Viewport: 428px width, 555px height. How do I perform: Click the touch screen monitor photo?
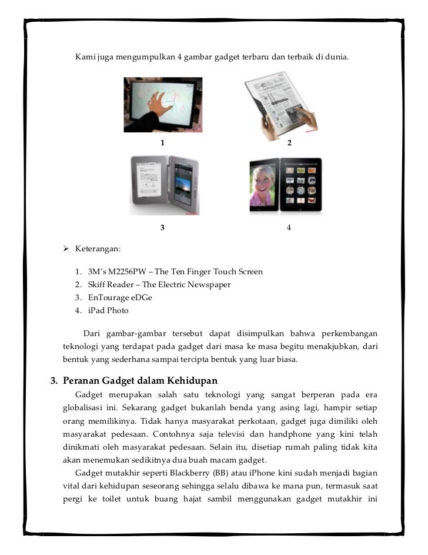pyautogui.click(x=163, y=105)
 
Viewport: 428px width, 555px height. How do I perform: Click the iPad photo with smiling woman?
pyautogui.click(x=285, y=185)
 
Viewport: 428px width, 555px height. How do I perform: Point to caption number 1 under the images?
pyautogui.click(x=162, y=143)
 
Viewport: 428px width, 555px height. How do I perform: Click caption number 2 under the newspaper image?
pyautogui.click(x=289, y=143)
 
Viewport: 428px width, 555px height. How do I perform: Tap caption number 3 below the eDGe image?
pyautogui.click(x=162, y=228)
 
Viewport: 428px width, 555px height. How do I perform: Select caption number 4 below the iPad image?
pyautogui.click(x=289, y=228)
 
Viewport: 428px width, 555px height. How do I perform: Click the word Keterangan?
pyautogui.click(x=98, y=250)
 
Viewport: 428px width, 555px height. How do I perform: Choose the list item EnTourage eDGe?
pyautogui.click(x=120, y=298)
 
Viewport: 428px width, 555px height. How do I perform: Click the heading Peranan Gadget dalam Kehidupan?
pyautogui.click(x=140, y=380)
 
